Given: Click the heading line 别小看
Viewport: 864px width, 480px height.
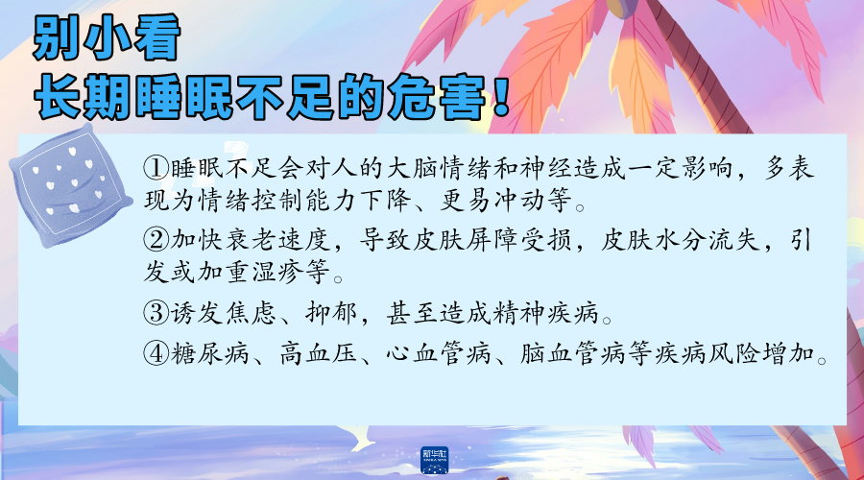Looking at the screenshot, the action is (107, 37).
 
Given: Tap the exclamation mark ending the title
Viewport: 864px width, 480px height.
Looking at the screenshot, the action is (500, 96).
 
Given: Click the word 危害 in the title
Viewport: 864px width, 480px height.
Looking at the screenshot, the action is (438, 97).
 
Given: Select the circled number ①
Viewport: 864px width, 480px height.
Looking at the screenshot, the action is (156, 168).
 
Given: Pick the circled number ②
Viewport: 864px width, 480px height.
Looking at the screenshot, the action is (156, 239).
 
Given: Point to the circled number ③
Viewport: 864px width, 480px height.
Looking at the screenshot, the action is (156, 313).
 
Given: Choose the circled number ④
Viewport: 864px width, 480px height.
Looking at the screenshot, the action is (156, 352).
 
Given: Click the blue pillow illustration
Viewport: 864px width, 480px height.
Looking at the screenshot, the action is (70, 185).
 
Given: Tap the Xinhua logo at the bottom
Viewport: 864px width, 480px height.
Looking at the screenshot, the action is (434, 461).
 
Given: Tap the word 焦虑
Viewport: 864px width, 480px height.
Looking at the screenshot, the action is (251, 313).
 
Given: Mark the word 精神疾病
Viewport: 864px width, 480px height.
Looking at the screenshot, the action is (545, 313).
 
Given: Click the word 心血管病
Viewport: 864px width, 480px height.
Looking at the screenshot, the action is (438, 352).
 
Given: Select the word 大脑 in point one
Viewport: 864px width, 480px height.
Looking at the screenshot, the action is (412, 168).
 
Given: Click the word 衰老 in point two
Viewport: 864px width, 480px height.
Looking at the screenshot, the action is (251, 239).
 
